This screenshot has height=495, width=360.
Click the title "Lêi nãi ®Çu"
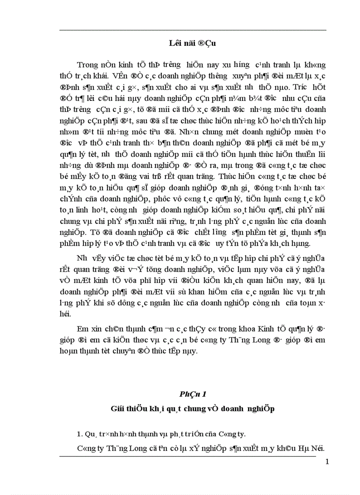coord(192,43)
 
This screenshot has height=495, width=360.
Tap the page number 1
coord(326,462)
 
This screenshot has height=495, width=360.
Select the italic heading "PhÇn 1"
coord(192,393)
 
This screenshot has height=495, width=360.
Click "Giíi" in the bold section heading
coord(119,409)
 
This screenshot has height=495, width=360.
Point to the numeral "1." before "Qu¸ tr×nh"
coord(80,434)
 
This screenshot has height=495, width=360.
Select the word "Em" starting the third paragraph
coord(82,329)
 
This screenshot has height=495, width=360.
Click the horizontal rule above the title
coord(192,30)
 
